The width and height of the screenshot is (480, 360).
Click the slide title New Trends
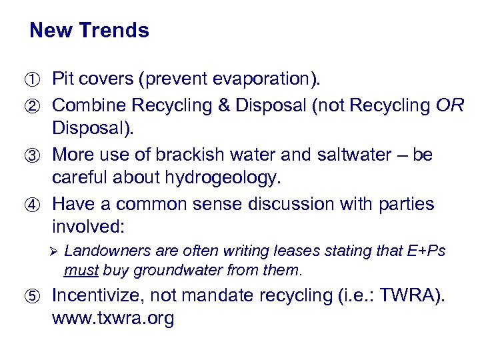[x=89, y=31]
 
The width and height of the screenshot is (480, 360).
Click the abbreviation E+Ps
[x=425, y=251]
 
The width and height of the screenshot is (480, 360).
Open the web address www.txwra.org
[x=113, y=319]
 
